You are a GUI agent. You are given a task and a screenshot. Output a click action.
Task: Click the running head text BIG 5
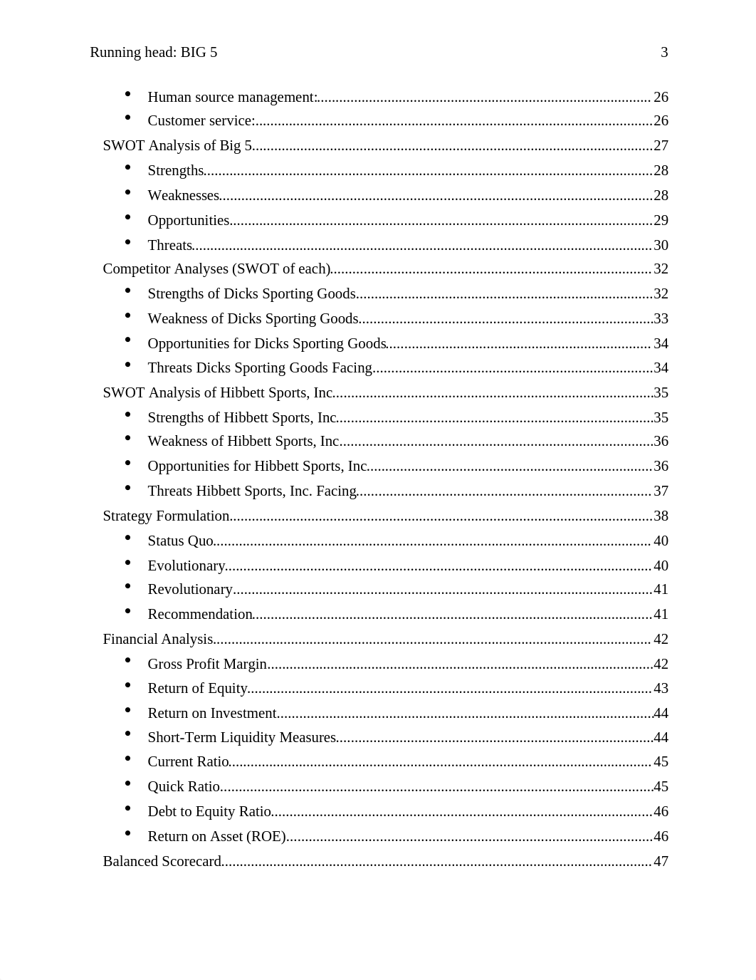pyautogui.click(x=154, y=52)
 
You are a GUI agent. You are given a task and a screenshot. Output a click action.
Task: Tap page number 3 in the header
pyautogui.click(x=664, y=52)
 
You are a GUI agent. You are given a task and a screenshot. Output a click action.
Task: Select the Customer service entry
pyautogui.click(x=201, y=120)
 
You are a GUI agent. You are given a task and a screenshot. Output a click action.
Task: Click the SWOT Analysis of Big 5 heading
pyautogui.click(x=177, y=145)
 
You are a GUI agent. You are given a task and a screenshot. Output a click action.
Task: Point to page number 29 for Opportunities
pyautogui.click(x=661, y=220)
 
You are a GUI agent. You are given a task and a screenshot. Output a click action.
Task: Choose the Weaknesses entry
pyautogui.click(x=183, y=195)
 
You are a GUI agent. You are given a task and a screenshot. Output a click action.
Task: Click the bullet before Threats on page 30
pyautogui.click(x=128, y=242)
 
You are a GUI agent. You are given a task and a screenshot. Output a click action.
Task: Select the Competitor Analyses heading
pyautogui.click(x=216, y=269)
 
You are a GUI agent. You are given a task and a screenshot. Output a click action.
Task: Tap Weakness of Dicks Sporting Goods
pyautogui.click(x=253, y=318)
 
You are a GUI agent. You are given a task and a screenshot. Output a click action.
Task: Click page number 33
pyautogui.click(x=661, y=318)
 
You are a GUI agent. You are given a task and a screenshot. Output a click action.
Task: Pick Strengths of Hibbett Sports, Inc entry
pyautogui.click(x=242, y=417)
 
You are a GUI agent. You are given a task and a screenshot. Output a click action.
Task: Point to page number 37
pyautogui.click(x=661, y=491)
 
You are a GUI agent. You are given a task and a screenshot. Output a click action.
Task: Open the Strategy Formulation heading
pyautogui.click(x=166, y=516)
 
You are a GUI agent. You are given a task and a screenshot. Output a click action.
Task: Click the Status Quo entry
pyautogui.click(x=180, y=541)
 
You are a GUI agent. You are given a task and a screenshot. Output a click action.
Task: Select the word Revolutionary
pyautogui.click(x=190, y=589)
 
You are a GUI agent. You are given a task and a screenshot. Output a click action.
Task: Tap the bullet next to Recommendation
pyautogui.click(x=128, y=611)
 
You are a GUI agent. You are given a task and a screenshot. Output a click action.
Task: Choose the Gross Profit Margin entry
pyautogui.click(x=207, y=664)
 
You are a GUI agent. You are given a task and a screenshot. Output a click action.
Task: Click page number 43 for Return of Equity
pyautogui.click(x=661, y=688)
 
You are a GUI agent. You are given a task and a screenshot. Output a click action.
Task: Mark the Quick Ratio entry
pyautogui.click(x=184, y=786)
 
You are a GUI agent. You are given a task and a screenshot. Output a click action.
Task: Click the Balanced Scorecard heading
pyautogui.click(x=162, y=861)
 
